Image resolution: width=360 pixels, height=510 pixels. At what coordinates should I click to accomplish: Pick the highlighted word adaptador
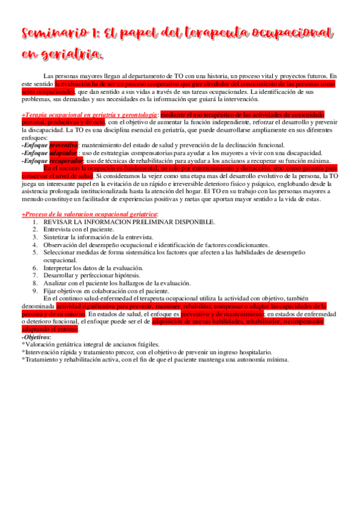(63, 153)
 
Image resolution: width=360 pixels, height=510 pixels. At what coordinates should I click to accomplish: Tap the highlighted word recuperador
(67, 161)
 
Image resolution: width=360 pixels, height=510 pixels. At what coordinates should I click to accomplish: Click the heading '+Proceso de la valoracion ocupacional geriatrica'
(90, 198)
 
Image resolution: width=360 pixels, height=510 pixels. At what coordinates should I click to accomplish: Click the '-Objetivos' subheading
(36, 337)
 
